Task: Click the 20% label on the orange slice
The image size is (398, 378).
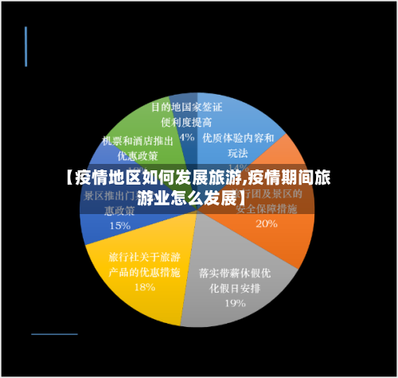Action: point(267,224)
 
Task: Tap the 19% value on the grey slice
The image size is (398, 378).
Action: point(234,302)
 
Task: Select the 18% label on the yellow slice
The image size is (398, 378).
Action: point(144,287)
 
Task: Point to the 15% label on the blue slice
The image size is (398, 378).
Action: point(119,225)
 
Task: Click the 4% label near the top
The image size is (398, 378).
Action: point(188,136)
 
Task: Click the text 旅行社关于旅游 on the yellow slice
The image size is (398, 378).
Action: point(144,257)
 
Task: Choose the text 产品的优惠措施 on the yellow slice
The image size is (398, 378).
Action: point(144,272)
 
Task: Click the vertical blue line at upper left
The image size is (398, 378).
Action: point(25,46)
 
